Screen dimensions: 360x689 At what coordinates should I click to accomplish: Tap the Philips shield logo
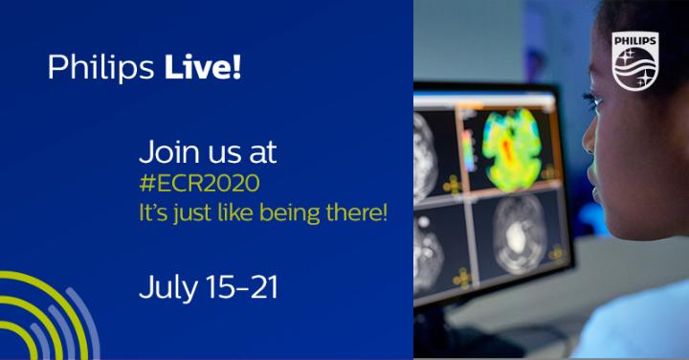pos(635,60)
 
